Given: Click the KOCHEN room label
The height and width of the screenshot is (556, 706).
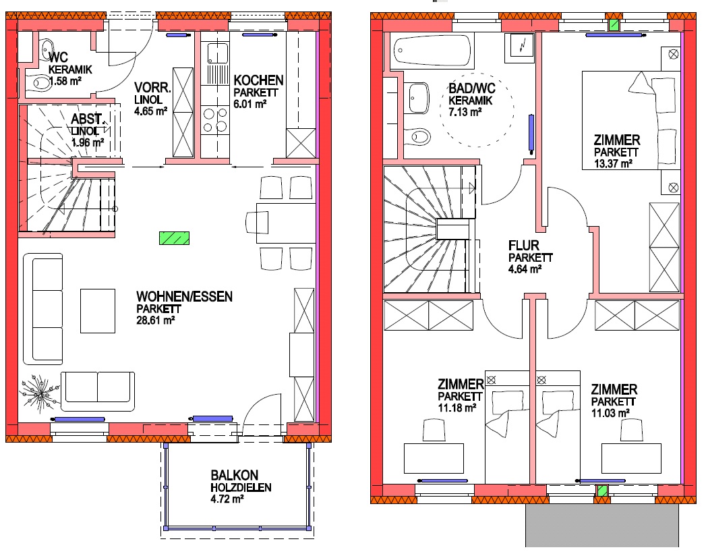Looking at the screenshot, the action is click(x=258, y=81).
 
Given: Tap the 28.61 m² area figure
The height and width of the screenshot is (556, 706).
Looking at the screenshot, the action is click(x=155, y=321).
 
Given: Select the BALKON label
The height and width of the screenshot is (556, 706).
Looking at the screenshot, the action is click(x=235, y=475).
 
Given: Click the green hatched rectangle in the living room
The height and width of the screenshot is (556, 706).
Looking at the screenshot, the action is click(x=174, y=238).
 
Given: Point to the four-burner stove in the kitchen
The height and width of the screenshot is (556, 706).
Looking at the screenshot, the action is click(x=215, y=120).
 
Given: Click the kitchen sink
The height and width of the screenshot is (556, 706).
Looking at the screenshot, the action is click(x=217, y=53).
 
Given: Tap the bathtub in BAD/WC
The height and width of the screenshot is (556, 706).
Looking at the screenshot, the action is click(x=432, y=51).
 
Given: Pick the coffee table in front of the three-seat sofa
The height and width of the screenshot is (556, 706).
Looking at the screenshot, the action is click(x=98, y=311).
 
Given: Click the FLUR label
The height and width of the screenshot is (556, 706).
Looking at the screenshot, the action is click(x=524, y=246).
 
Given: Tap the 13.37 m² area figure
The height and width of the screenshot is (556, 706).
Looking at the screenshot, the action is click(x=613, y=163).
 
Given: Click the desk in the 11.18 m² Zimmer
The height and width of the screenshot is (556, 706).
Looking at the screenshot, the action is click(x=434, y=459).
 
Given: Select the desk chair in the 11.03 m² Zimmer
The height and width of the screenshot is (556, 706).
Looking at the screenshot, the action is click(x=630, y=430).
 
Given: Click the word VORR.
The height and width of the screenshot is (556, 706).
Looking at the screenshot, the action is click(x=152, y=88).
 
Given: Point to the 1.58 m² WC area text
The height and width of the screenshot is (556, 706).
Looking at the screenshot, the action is click(x=65, y=81).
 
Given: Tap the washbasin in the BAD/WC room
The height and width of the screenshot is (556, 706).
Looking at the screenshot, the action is click(x=418, y=97).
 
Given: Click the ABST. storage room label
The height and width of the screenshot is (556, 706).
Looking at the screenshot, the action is click(x=88, y=119).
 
